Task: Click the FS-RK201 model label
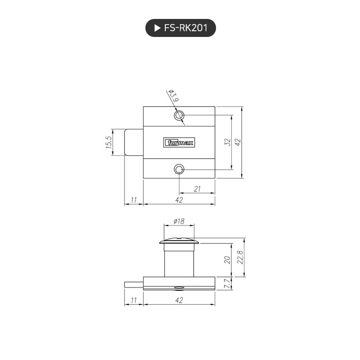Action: point(186,28)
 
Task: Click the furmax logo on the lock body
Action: point(179,142)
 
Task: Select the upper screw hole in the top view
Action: point(179,116)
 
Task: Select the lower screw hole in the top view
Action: point(179,169)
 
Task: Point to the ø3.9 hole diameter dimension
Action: point(172,97)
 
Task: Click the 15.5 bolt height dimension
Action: point(108,142)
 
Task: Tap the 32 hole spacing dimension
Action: point(227,142)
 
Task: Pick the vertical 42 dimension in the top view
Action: point(238,142)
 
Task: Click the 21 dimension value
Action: point(198,189)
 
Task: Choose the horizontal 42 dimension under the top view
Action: point(179,200)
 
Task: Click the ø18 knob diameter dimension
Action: point(179,221)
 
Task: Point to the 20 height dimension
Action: point(227,260)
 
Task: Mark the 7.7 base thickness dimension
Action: point(227,283)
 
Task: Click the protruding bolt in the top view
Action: point(134,142)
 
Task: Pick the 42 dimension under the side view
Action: point(179,300)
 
